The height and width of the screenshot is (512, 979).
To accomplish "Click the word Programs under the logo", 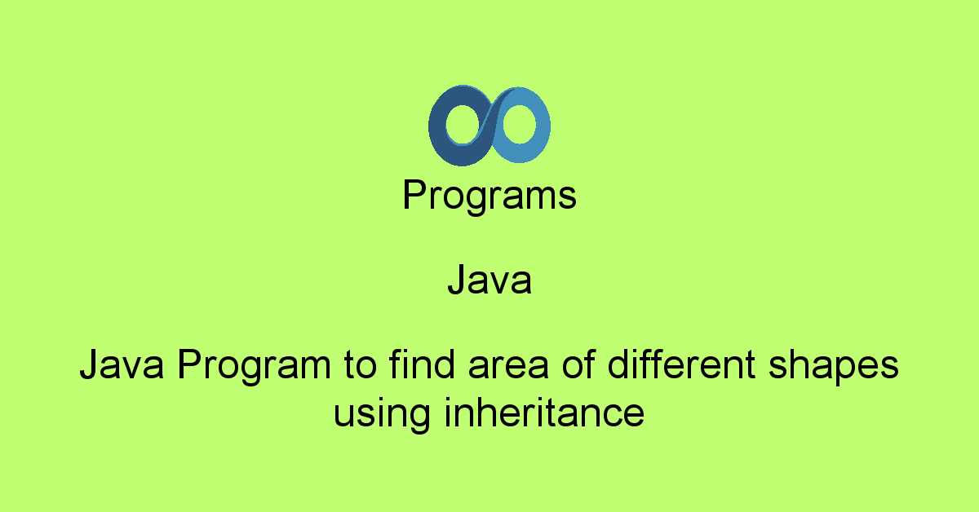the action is click(489, 196).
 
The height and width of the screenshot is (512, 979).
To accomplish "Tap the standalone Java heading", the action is click(489, 280).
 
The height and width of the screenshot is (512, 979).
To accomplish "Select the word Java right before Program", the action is click(122, 364).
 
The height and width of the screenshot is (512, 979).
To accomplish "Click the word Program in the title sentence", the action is click(254, 367).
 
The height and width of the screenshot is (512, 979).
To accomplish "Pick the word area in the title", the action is click(508, 369).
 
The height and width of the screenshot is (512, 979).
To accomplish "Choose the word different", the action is click(681, 364).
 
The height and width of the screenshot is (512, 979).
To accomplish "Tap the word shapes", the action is click(834, 367).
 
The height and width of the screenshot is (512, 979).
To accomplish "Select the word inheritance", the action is click(544, 412).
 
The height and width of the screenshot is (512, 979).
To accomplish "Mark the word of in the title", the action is click(578, 364).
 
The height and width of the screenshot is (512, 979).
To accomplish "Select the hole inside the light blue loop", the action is click(519, 124).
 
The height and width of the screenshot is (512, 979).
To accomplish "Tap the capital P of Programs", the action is click(414, 194).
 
